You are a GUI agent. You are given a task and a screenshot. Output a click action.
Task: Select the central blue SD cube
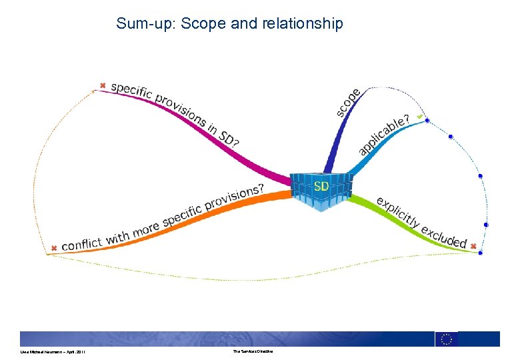(x=321, y=189)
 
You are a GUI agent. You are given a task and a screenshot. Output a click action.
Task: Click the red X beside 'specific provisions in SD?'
(x=102, y=85)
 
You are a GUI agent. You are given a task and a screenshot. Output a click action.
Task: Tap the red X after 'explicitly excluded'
(x=473, y=246)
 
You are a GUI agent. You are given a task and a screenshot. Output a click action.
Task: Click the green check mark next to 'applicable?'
(x=419, y=117)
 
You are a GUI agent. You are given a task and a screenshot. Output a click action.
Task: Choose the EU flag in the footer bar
(x=447, y=339)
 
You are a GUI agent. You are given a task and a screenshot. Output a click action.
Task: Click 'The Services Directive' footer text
(x=253, y=351)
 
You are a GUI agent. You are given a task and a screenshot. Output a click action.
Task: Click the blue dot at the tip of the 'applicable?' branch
(x=427, y=121)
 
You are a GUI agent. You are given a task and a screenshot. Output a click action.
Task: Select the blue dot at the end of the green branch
(x=480, y=253)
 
